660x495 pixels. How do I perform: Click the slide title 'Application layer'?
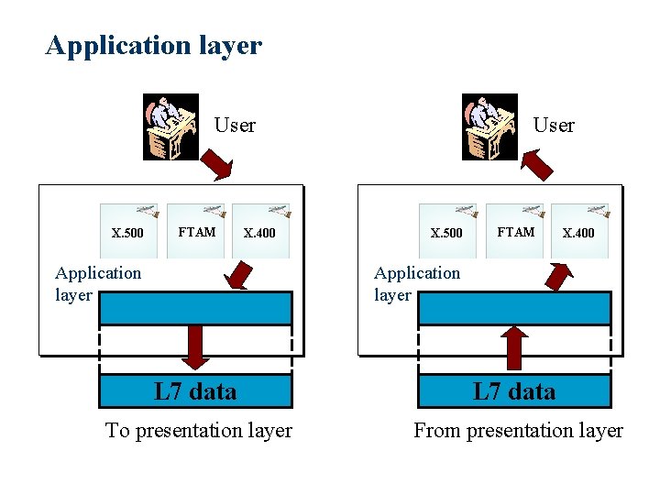153,45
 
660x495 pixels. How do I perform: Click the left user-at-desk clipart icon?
171,126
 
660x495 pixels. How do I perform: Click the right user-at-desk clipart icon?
490,126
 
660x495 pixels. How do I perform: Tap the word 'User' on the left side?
235,126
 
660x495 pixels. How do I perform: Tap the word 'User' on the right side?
554,126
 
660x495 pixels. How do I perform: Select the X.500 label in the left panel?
127,233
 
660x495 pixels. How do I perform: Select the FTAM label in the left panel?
196,232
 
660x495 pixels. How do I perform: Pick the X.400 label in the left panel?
259,233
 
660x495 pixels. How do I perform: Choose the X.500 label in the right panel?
446,233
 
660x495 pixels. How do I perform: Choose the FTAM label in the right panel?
515,232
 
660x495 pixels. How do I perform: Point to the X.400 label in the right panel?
578,233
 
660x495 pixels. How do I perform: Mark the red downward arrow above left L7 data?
195,346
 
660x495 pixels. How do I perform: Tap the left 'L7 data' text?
195,392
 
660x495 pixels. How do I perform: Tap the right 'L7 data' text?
514,392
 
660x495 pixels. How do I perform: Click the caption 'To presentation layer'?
199,430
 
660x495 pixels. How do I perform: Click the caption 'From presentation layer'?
518,430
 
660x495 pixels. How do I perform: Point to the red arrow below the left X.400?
240,275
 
